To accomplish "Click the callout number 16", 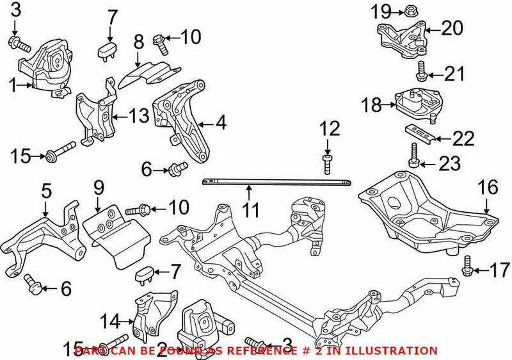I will (x=487, y=187).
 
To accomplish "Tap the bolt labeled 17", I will (x=466, y=268).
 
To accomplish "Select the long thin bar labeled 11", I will (x=275, y=184).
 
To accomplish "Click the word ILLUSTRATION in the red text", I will (x=399, y=350).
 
